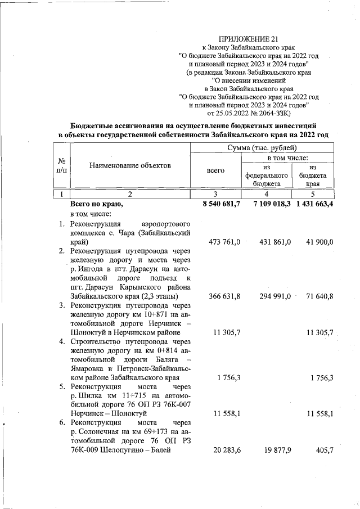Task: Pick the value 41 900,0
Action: pos(319,242)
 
